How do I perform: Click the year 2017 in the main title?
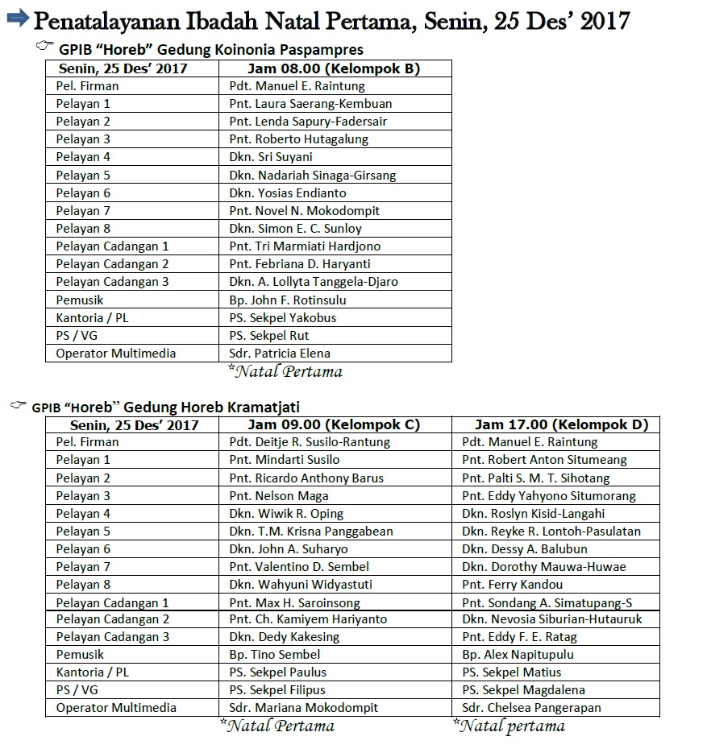pyautogui.click(x=604, y=19)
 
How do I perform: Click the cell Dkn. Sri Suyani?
pyautogui.click(x=270, y=157)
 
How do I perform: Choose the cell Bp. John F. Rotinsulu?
pyautogui.click(x=287, y=300)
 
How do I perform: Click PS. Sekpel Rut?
pyautogui.click(x=268, y=335)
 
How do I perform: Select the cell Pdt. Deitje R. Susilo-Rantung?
pyautogui.click(x=310, y=442)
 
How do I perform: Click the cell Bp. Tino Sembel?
pyautogui.click(x=274, y=655)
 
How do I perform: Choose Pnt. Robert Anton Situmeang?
pyautogui.click(x=544, y=460)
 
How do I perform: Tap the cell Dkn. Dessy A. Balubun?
pyautogui.click(x=522, y=549)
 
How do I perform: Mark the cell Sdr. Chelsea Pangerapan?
pyautogui.click(x=531, y=708)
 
